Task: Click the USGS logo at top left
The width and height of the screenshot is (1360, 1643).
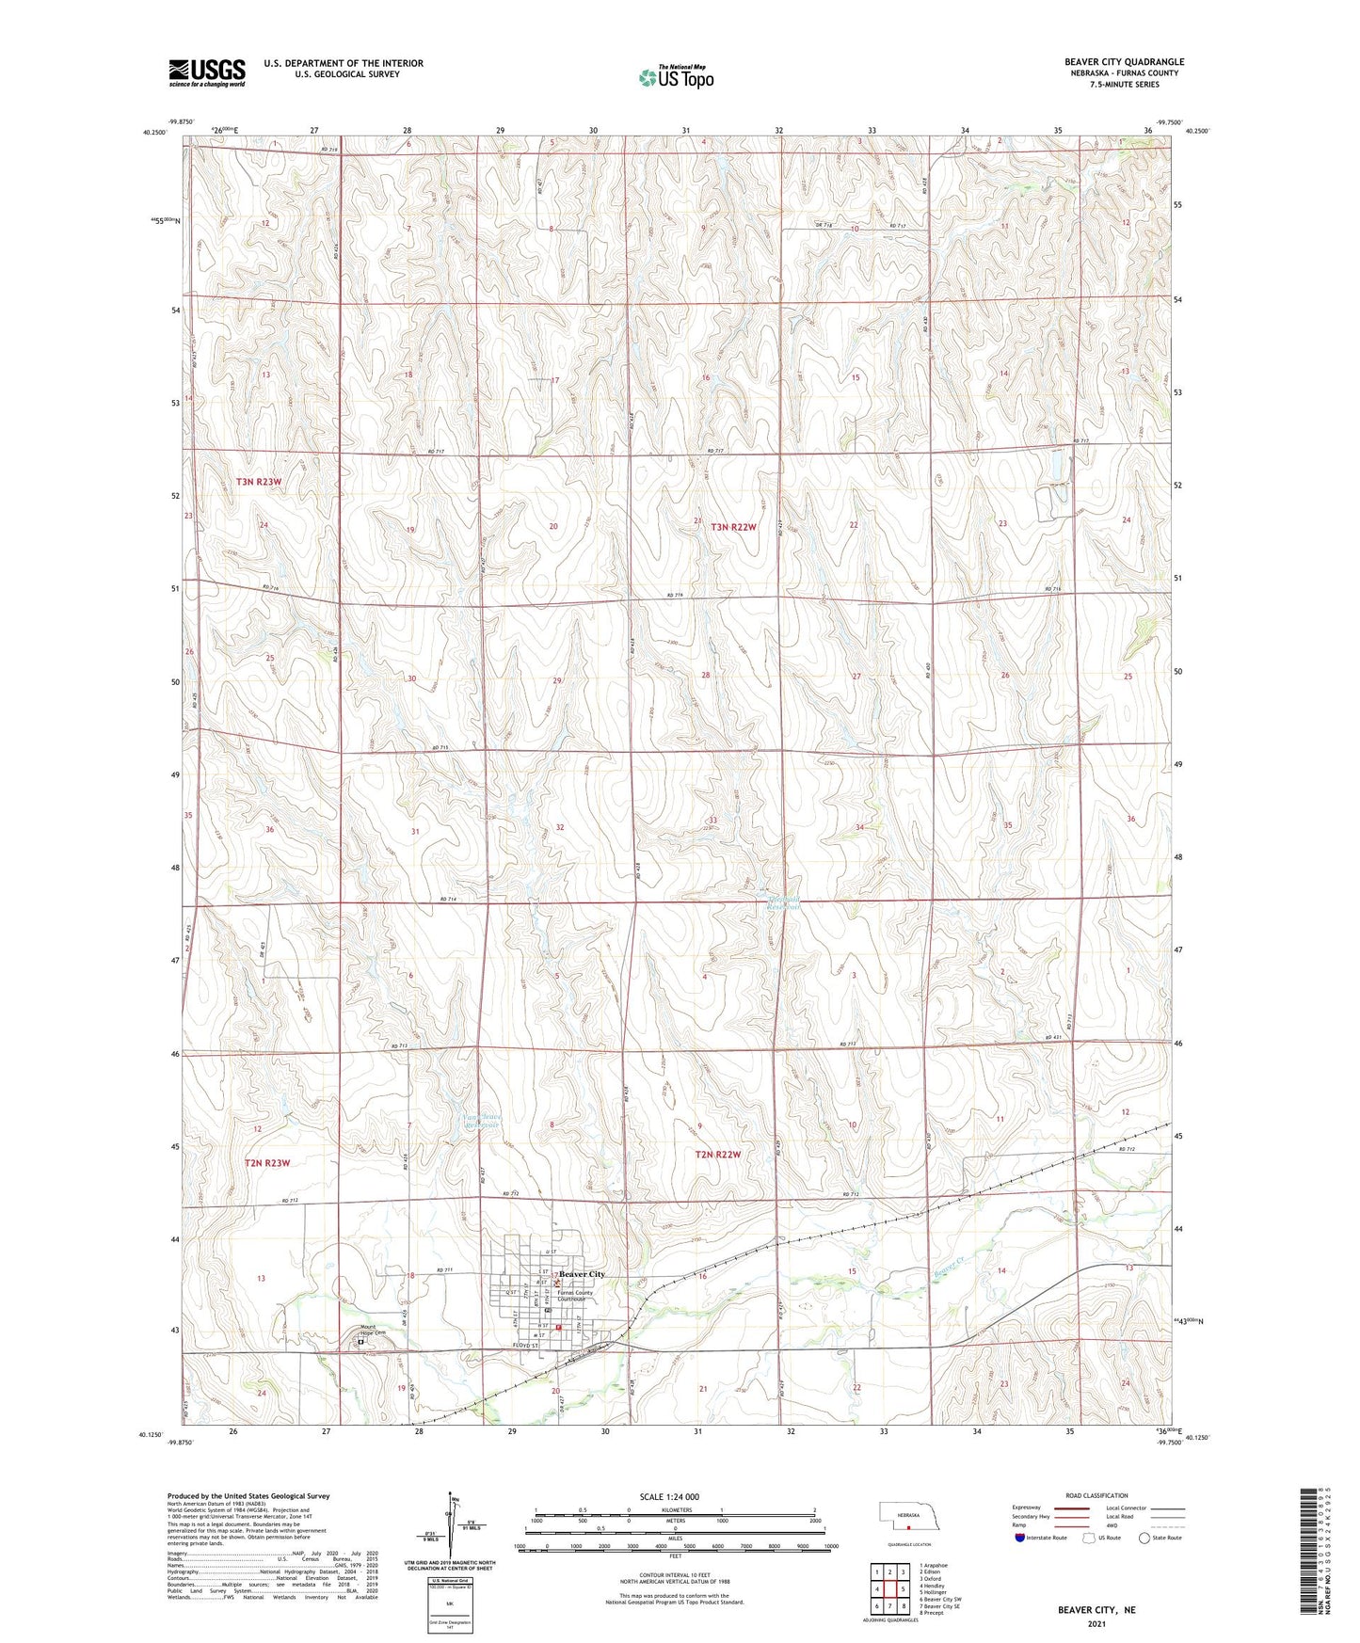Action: [206, 72]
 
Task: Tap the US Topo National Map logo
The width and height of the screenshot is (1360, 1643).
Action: [676, 76]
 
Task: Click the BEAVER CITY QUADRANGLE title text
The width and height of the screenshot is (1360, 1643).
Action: [1125, 61]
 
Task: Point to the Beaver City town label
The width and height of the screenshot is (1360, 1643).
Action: [582, 1274]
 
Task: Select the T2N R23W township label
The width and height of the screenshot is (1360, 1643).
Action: [267, 1163]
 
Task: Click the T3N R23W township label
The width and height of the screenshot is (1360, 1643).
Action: [259, 481]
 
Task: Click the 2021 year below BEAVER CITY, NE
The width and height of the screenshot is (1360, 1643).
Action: [1096, 1623]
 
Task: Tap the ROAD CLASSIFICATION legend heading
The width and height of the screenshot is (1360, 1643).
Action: [1096, 1495]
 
